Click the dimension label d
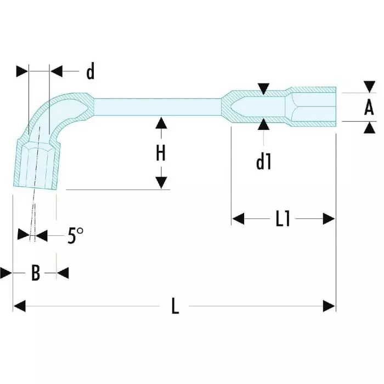[x=91, y=71]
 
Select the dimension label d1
[x=264, y=162]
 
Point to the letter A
[x=369, y=108]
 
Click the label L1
[x=283, y=219]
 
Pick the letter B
[x=35, y=273]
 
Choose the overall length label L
[x=175, y=306]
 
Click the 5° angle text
[x=76, y=236]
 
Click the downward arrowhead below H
[x=161, y=183]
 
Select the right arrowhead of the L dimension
[x=329, y=306]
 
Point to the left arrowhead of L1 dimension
[x=238, y=219]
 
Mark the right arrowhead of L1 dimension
[x=329, y=219]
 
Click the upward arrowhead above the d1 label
[x=264, y=125]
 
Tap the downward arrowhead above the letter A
[x=369, y=87]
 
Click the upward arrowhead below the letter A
[x=369, y=127]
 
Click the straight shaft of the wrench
[x=159, y=106]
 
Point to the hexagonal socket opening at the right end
[x=313, y=107]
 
